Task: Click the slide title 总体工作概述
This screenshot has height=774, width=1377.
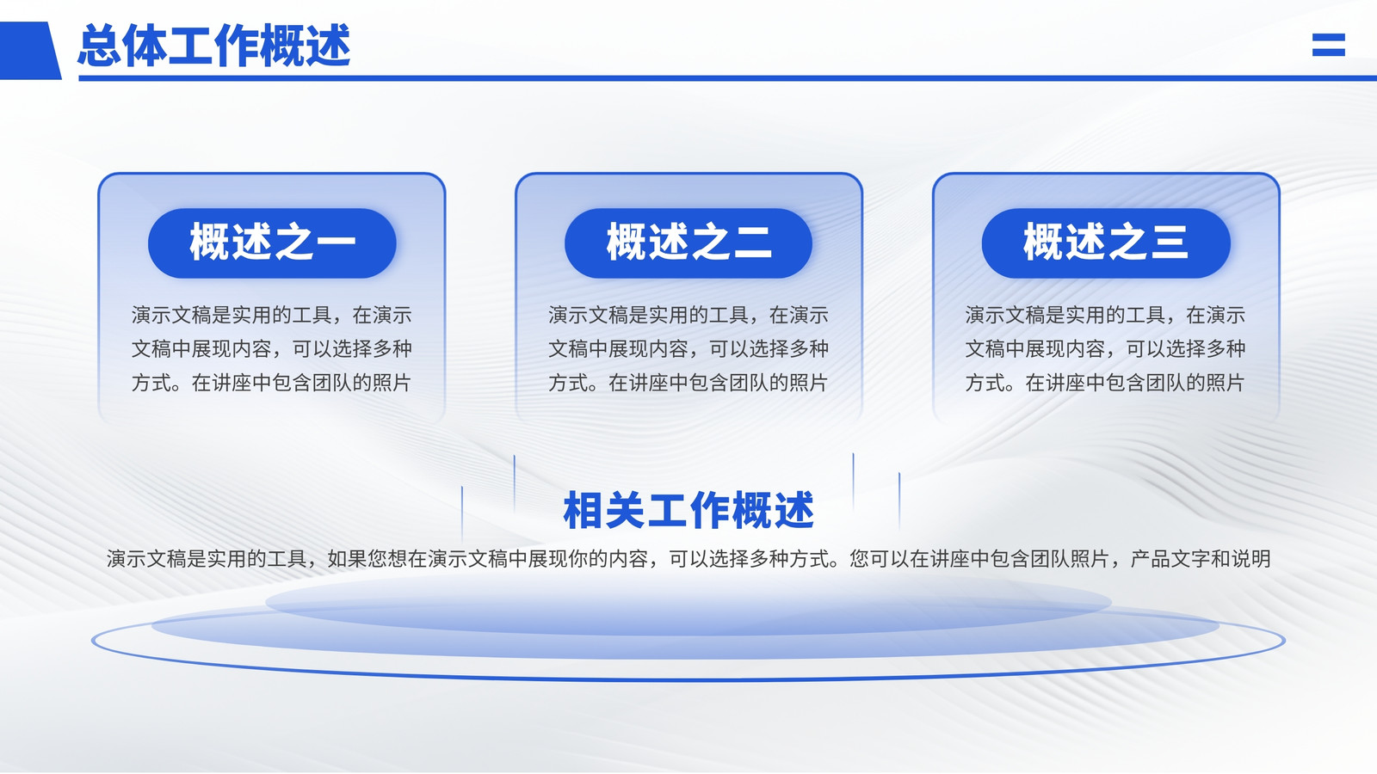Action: (214, 46)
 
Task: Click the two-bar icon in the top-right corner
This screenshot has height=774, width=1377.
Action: (1329, 44)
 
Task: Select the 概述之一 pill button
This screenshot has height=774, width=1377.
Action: (272, 243)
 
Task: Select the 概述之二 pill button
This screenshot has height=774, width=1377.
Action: (688, 243)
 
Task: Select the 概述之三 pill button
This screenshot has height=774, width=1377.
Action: (1106, 243)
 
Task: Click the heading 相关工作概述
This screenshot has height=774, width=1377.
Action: (688, 511)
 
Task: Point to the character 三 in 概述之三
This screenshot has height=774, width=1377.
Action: (1169, 242)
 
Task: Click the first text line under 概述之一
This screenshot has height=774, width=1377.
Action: (272, 315)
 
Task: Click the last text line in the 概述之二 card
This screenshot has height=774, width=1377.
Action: (688, 383)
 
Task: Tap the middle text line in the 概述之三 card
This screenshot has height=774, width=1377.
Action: (1105, 349)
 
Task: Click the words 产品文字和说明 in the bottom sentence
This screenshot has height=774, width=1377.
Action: (1201, 558)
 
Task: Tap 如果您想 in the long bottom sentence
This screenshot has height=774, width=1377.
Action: (367, 558)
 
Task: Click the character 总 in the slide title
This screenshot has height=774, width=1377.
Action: (100, 46)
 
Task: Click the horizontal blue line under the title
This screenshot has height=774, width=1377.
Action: (728, 78)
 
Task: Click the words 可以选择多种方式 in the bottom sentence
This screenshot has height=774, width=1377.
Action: (749, 558)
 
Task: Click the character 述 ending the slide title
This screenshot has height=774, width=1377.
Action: (329, 46)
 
